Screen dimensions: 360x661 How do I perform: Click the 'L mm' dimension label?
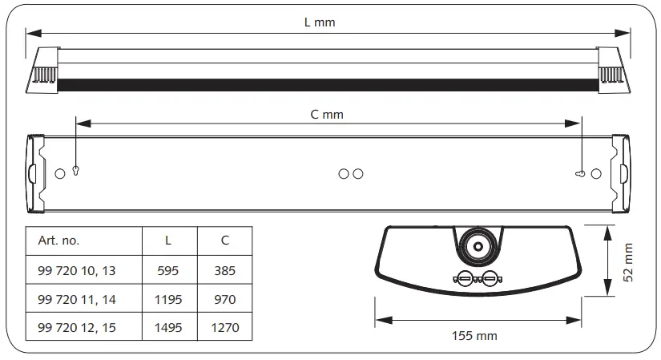pos(320,22)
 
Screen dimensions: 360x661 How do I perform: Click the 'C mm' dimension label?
pos(327,115)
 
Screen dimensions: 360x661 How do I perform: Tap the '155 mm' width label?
pos(476,335)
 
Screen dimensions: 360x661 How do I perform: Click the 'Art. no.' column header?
pos(59,241)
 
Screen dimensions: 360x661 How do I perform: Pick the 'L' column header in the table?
pos(167,241)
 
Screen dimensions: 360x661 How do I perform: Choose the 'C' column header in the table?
pos(225,241)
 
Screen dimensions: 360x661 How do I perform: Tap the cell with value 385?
pos(225,271)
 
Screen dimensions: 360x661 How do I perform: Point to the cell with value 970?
pos(225,300)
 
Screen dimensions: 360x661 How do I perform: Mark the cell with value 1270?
pos(225,328)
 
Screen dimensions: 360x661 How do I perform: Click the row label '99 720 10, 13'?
pos(77,271)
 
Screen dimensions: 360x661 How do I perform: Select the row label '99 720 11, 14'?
pos(77,300)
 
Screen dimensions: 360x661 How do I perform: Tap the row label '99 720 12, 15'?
pos(77,328)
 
